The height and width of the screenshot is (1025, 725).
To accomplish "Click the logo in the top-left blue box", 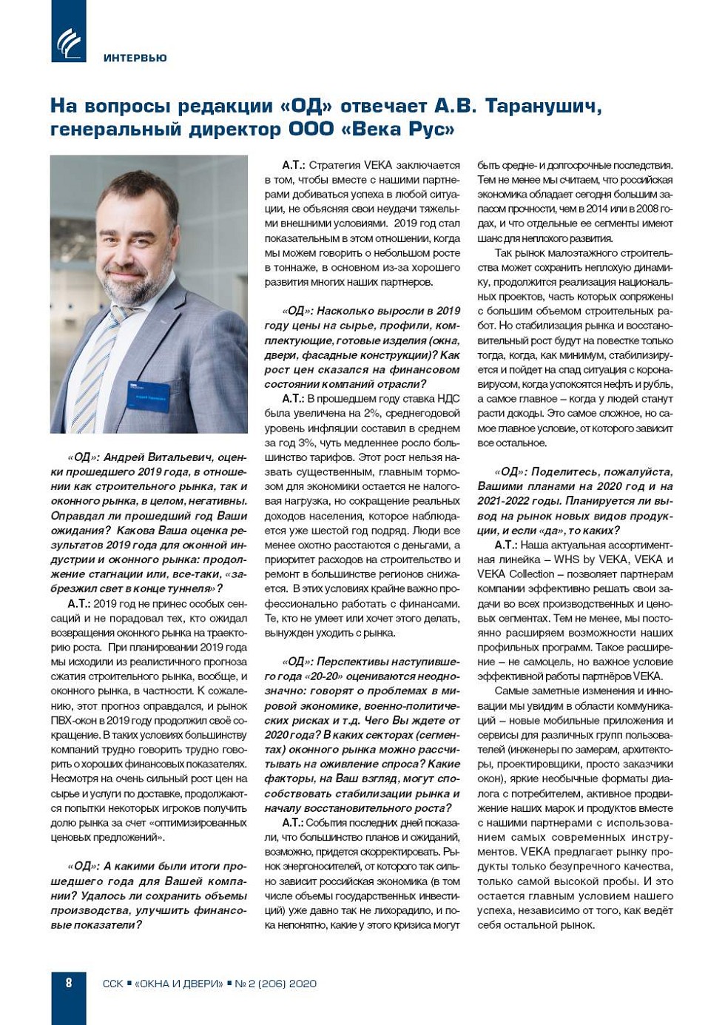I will pyautogui.click(x=68, y=42).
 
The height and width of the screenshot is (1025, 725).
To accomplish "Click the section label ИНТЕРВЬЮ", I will pyautogui.click(x=135, y=58).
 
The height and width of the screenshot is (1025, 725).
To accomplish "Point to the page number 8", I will pyautogui.click(x=69, y=983).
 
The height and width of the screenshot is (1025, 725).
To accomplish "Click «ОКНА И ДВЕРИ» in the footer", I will pyautogui.click(x=178, y=984).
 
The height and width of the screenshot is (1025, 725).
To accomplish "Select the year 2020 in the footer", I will pyautogui.click(x=303, y=984).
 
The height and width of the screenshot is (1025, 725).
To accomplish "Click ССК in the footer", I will pyautogui.click(x=112, y=984).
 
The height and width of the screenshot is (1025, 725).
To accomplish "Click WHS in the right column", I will pyautogui.click(x=568, y=559).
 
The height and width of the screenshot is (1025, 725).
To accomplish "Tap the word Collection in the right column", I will pyautogui.click(x=530, y=574).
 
